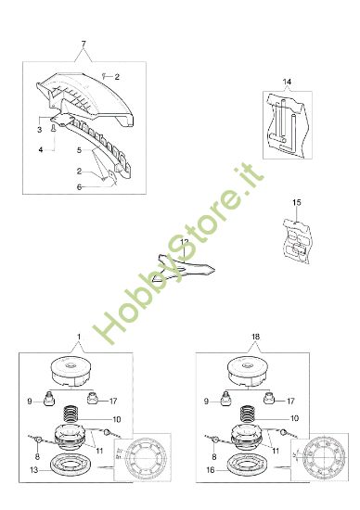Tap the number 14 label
287,83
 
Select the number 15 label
296,201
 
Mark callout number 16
212,471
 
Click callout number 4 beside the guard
40,148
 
